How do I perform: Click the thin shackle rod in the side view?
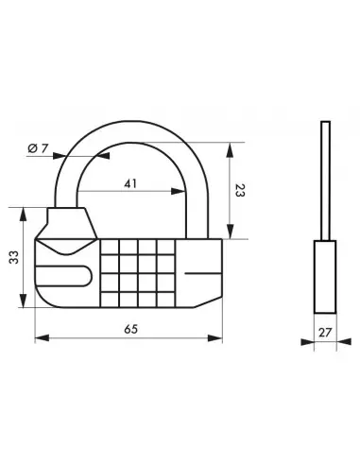(323, 180)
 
